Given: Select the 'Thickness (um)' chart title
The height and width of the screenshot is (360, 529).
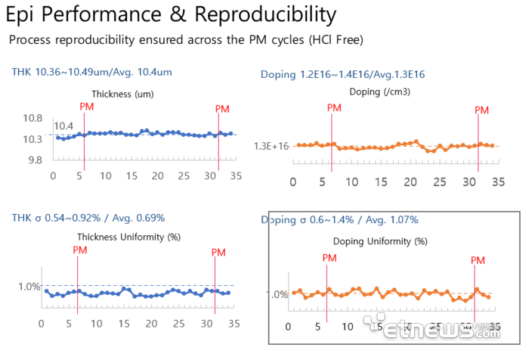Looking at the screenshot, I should click(x=122, y=95).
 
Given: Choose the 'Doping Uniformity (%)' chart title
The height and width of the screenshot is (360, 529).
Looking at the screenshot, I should click(x=380, y=241).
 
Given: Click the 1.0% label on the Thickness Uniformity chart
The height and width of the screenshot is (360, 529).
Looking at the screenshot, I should click(x=29, y=286).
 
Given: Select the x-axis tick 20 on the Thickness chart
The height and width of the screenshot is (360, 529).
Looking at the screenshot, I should click(x=157, y=175).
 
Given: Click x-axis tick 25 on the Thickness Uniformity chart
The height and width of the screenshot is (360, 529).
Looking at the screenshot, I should click(x=178, y=323).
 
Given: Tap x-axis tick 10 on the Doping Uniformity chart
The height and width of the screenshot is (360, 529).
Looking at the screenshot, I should click(x=347, y=327).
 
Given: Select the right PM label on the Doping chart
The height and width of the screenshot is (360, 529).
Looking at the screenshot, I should click(x=482, y=110).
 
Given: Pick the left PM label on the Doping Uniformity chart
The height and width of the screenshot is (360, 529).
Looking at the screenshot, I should click(x=329, y=258).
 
